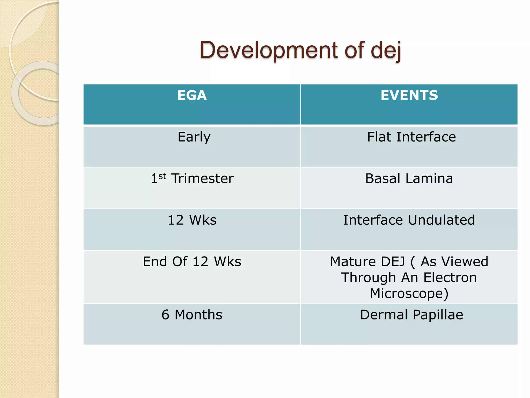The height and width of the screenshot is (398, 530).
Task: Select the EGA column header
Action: (x=192, y=95)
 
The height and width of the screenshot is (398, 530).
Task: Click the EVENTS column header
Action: (x=409, y=95)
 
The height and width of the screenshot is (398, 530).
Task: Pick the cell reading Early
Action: (x=194, y=137)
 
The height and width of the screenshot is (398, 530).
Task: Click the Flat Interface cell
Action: (x=411, y=137)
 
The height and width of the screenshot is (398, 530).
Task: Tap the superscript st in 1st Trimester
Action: (x=162, y=176)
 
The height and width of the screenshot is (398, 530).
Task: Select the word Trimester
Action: (x=203, y=179)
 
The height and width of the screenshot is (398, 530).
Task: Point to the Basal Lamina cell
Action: (x=409, y=179)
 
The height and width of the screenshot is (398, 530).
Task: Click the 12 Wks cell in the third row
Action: (x=192, y=220)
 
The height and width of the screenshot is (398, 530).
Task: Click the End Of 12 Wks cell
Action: (x=192, y=262)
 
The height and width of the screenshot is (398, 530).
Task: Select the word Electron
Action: (x=450, y=278)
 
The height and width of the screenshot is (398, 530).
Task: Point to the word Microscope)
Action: (x=409, y=294)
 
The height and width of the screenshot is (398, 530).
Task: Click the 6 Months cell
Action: (x=192, y=315)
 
